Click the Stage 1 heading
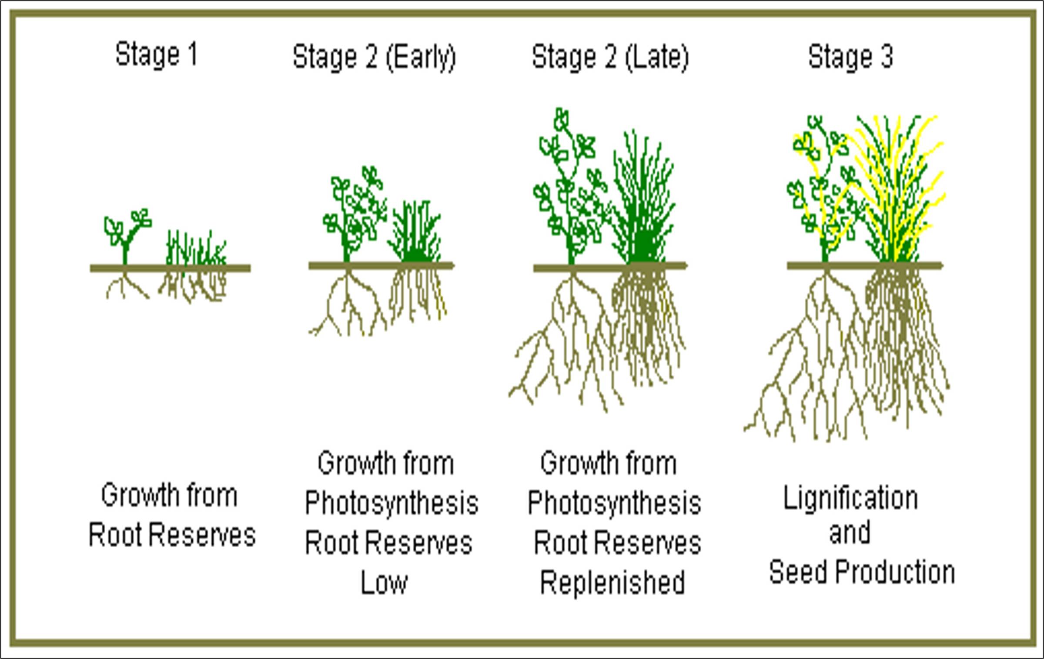coord(157,55)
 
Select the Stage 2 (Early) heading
coord(374,57)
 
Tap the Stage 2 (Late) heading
coord(610,57)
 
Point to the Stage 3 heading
coord(850,57)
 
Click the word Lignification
coord(850,498)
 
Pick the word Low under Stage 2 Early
coord(384,583)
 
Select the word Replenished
coord(612,583)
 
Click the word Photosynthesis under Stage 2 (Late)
coord(614,503)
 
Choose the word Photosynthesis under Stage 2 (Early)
coord(391,503)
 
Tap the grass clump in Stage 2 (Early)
coord(415,235)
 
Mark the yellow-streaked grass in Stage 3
coord(896,187)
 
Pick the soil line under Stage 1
coord(170,268)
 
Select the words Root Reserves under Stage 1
coord(172,535)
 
